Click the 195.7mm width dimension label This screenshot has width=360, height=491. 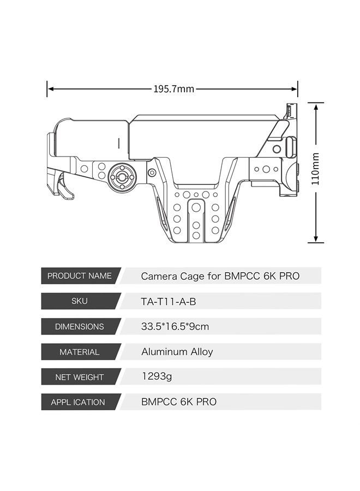pos(173,89)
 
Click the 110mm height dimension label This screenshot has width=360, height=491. pos(315,169)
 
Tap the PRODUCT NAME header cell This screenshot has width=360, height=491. pos(80,276)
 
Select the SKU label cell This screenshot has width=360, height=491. pos(80,301)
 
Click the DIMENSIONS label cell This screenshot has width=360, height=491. pos(80,327)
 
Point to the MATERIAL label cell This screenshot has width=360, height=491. pos(80,352)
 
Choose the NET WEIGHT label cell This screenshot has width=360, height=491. pos(80,377)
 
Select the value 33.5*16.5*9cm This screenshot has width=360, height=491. pos(175,327)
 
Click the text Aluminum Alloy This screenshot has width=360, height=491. pos(177,352)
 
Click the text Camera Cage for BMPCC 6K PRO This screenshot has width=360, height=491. pos(220,276)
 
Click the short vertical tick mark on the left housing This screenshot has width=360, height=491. pos(119,143)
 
